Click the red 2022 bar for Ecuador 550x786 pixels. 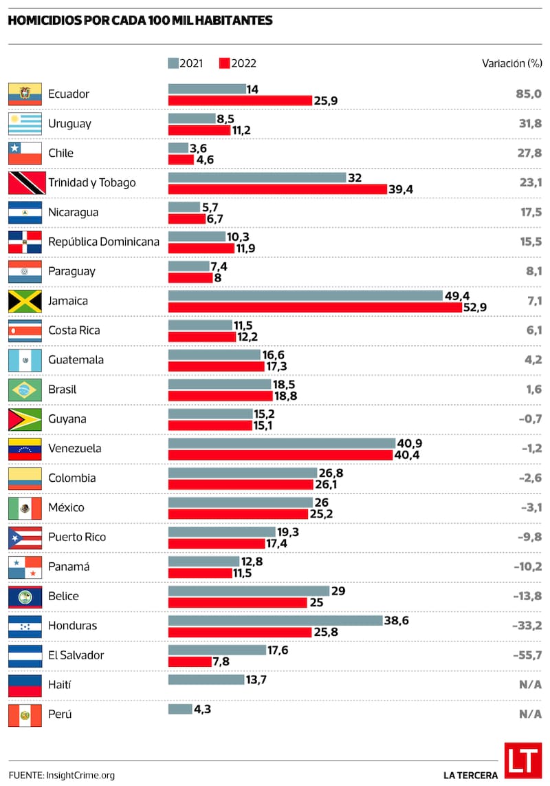click(x=240, y=100)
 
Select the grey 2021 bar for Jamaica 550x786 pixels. click(x=305, y=295)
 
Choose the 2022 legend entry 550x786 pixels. click(x=238, y=63)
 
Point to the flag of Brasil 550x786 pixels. click(x=25, y=390)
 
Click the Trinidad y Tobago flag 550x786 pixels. click(x=25, y=183)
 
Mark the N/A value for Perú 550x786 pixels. click(x=530, y=714)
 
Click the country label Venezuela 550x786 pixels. click(x=74, y=449)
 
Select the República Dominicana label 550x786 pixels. click(x=103, y=242)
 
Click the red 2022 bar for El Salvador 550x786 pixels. click(x=190, y=661)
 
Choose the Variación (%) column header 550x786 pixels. click(x=511, y=63)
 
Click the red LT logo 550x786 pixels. click(x=522, y=761)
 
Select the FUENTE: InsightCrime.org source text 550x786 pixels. click(x=62, y=775)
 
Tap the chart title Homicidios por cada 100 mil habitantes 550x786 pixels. click(x=140, y=21)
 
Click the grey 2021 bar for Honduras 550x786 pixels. click(x=275, y=620)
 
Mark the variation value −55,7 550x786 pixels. click(x=527, y=655)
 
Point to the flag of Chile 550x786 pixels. click(x=25, y=153)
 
